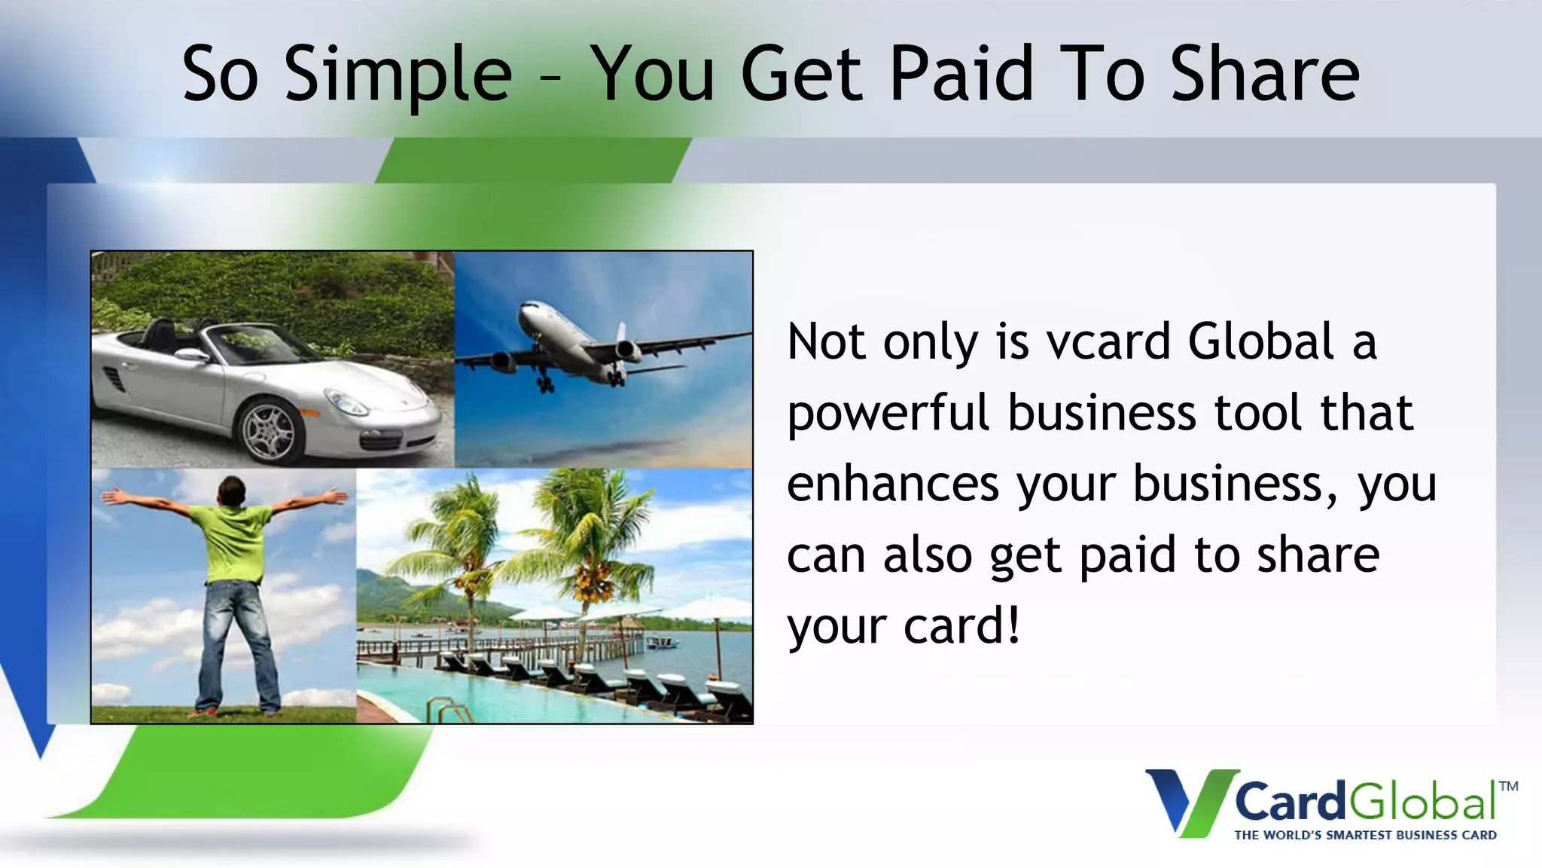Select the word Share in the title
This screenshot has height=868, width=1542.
point(1265,74)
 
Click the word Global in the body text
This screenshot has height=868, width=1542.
point(1260,341)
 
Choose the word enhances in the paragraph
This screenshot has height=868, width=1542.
point(892,484)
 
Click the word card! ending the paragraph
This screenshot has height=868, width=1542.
point(961,625)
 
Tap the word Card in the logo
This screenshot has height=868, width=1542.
point(1289,802)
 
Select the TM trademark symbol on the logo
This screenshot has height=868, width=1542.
point(1508,787)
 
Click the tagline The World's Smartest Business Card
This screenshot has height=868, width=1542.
point(1365,835)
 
